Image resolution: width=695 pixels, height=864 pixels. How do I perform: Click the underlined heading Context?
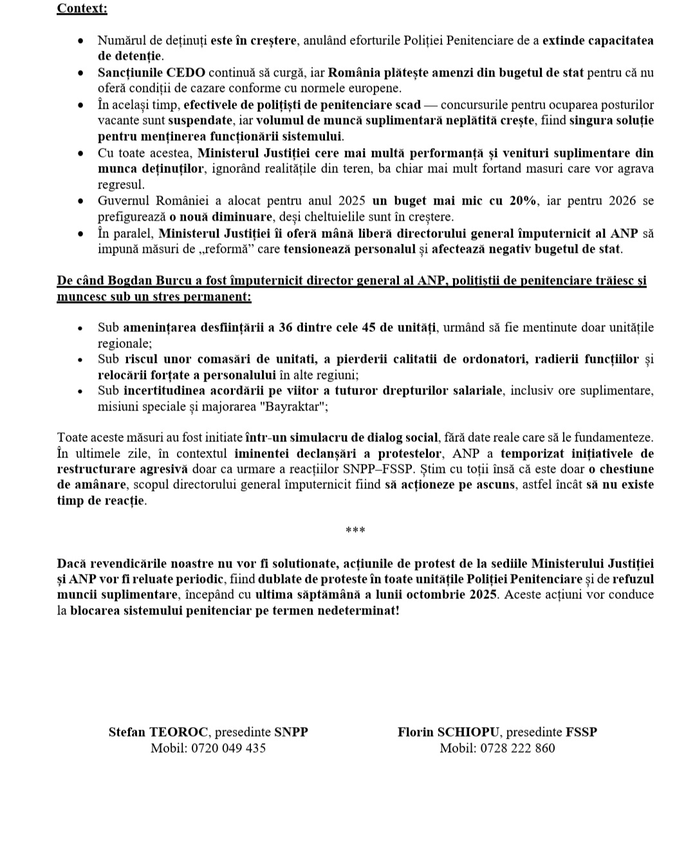[x=82, y=8]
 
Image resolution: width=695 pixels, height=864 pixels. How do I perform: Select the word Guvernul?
[x=122, y=201]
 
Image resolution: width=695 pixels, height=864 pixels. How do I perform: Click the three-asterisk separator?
[x=355, y=531]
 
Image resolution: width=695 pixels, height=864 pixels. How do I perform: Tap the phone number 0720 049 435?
[x=228, y=748]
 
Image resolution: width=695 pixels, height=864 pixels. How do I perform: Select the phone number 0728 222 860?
[x=517, y=748]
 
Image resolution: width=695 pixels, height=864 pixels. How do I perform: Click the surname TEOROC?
[x=179, y=732]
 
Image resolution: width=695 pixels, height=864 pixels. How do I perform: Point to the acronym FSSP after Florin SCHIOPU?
[x=581, y=732]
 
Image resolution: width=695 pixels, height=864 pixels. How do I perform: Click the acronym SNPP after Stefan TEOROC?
[x=291, y=732]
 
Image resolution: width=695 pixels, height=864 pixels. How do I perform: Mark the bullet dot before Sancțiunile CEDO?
[x=80, y=73]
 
